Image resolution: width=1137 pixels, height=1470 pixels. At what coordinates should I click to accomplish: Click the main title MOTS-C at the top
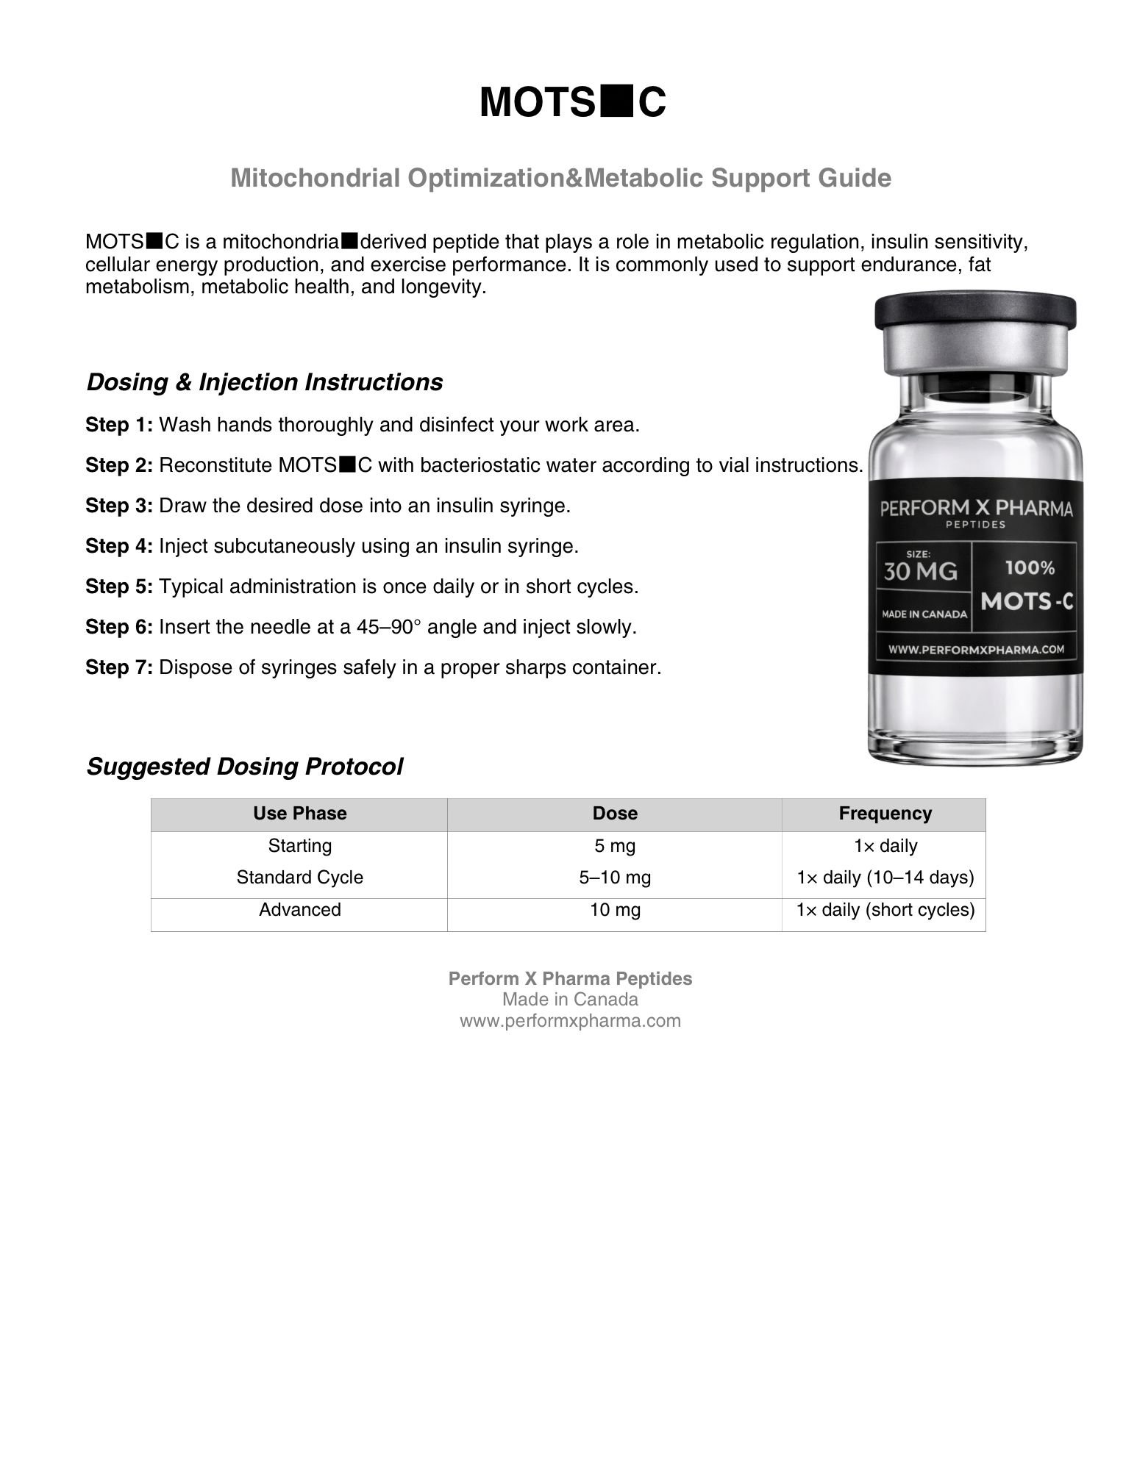pos(572,102)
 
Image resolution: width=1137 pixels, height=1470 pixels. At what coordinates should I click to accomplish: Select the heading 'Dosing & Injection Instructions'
pos(265,382)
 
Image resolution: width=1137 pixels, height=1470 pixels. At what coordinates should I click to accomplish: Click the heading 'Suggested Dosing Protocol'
pos(245,767)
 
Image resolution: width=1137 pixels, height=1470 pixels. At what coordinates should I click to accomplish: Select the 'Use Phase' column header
pos(299,814)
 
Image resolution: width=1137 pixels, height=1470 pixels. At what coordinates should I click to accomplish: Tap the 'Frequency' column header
pos(885,814)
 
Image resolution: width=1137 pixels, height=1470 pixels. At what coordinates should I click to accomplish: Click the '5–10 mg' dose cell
pos(615,878)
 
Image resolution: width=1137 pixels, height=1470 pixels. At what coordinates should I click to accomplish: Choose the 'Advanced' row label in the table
pos(299,910)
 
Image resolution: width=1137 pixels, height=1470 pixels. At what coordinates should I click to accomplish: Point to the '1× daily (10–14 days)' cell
pos(885,878)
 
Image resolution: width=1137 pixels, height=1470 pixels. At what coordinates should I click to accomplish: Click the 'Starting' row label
pos(299,846)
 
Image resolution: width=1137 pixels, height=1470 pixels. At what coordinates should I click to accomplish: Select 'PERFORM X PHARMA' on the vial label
pos(975,509)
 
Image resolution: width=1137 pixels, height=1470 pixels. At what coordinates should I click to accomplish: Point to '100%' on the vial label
pos(1030,567)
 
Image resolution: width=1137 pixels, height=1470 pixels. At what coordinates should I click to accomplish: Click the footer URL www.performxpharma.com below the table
pos(570,1021)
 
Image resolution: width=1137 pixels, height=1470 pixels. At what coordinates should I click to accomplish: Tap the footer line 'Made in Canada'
pos(570,1000)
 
